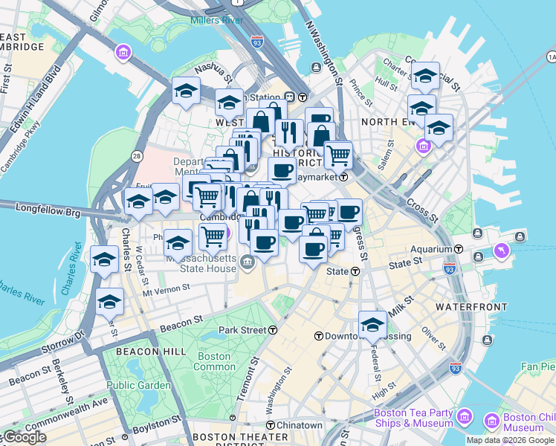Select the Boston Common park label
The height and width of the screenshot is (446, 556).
point(213,361)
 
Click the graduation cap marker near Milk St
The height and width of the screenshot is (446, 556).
point(372,323)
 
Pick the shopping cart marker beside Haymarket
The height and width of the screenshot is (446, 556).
point(339,155)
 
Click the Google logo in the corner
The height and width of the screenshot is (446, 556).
point(23,437)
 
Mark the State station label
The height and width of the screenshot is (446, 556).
point(338,271)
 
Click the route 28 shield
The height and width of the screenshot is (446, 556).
point(137,155)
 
